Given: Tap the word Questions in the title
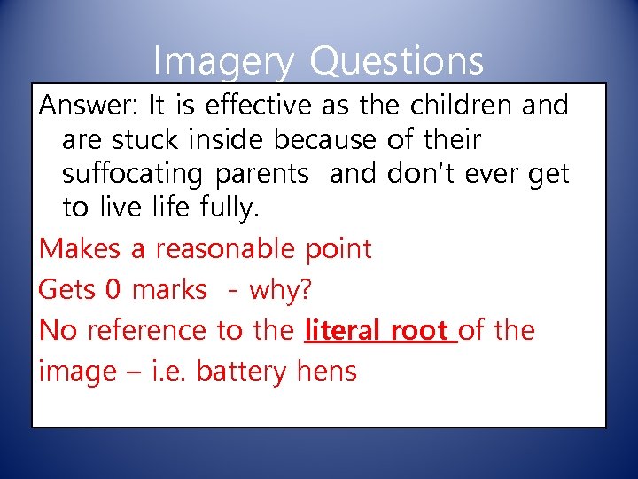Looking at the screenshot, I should [x=398, y=62].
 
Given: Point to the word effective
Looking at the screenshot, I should [x=254, y=106].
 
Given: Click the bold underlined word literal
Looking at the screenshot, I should [x=341, y=330].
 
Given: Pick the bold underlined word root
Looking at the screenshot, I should [x=419, y=331].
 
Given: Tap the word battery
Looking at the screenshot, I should [x=238, y=372].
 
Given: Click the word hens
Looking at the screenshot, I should [x=324, y=371].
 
